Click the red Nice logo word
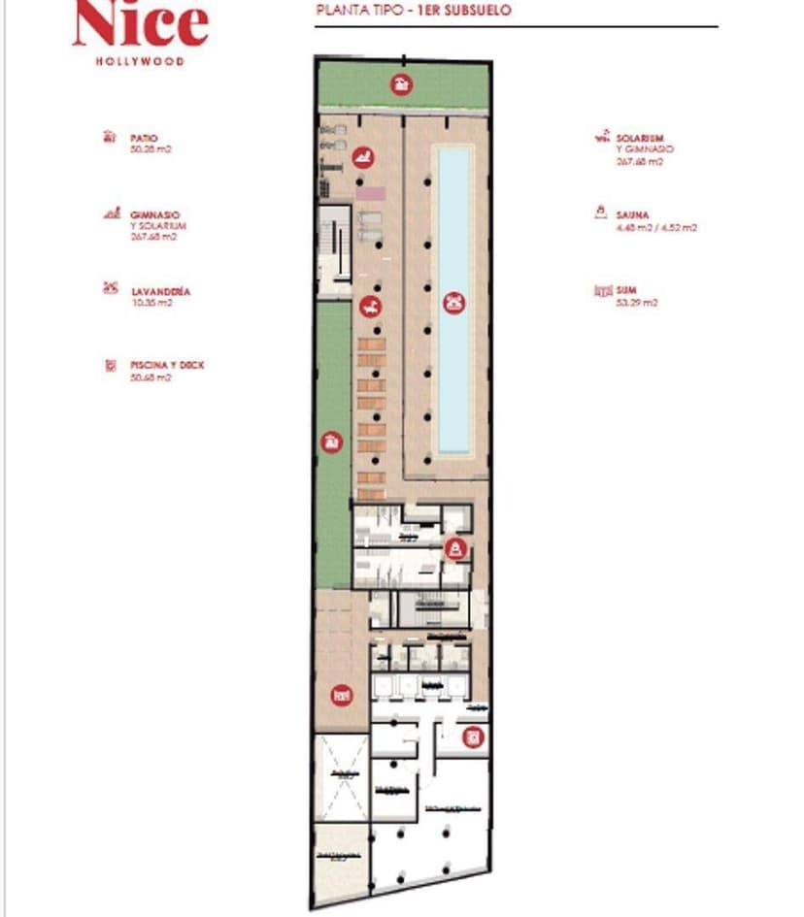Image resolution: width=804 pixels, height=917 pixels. [140, 24]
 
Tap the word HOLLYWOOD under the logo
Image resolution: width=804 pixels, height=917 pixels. [140, 60]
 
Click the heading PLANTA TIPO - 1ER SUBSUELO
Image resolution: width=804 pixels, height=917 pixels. [414, 12]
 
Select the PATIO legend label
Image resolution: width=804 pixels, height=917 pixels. [144, 139]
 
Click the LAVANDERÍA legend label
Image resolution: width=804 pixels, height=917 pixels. [160, 291]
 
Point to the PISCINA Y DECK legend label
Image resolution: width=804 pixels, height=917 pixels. [167, 366]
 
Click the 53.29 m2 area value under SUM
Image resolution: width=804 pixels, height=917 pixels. [637, 303]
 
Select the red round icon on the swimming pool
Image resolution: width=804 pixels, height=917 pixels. [452, 302]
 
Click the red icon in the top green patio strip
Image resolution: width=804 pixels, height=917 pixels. [399, 83]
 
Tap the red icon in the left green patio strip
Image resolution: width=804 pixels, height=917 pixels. [332, 442]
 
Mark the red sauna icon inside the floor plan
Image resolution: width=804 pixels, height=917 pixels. [453, 549]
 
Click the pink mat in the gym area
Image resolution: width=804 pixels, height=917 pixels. [369, 194]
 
